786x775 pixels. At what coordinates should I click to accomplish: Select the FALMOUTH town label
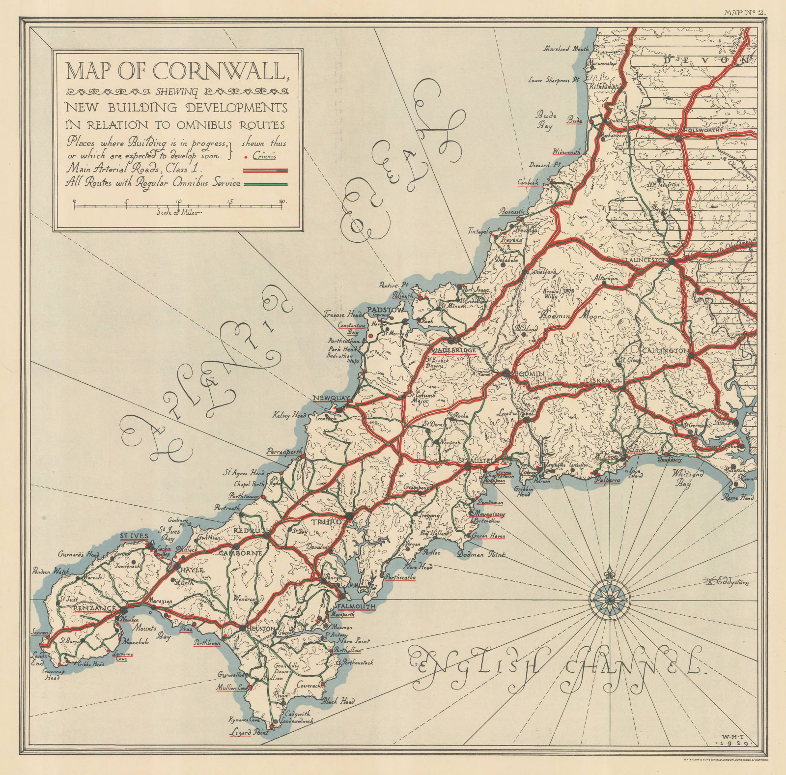[356, 606]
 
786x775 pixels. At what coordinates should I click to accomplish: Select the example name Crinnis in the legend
[265, 156]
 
